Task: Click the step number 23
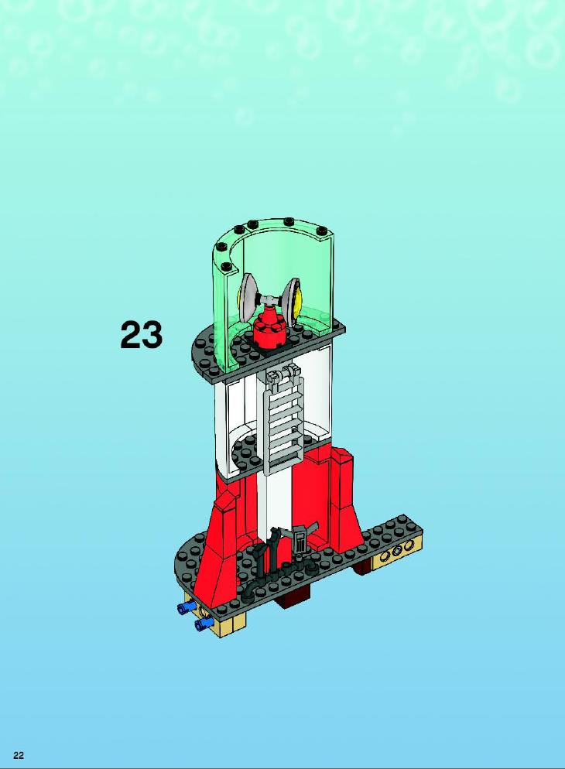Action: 141,335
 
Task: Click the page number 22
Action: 19,755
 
